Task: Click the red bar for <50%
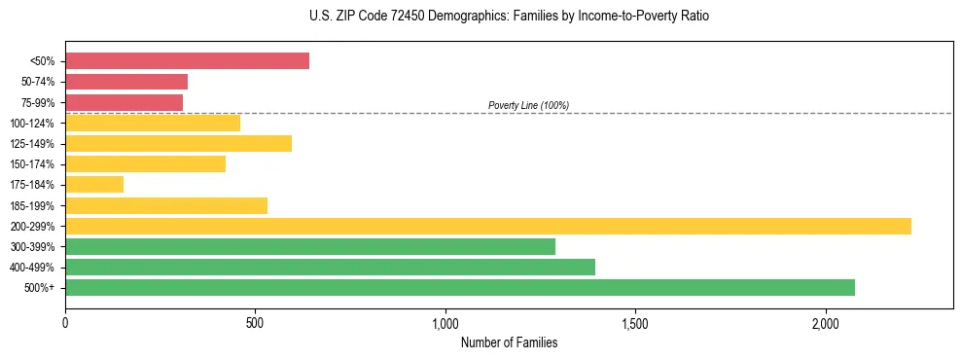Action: tap(187, 61)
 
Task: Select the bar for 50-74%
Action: tap(126, 82)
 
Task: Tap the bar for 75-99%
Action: tap(124, 102)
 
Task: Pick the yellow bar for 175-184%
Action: tap(94, 185)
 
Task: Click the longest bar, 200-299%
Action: tap(487, 226)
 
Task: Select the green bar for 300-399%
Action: tap(309, 246)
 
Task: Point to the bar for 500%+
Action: tap(459, 287)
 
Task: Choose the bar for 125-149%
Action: tap(178, 144)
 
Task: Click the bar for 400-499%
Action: tap(330, 267)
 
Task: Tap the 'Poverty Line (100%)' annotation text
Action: tap(528, 105)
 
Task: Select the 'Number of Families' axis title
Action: tap(509, 342)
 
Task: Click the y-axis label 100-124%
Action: tap(32, 124)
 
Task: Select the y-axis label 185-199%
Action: tap(32, 206)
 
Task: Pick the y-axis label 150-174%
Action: tap(32, 164)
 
